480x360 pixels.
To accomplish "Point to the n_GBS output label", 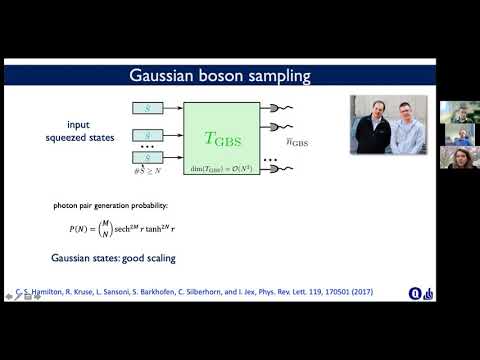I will coord(326,143).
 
